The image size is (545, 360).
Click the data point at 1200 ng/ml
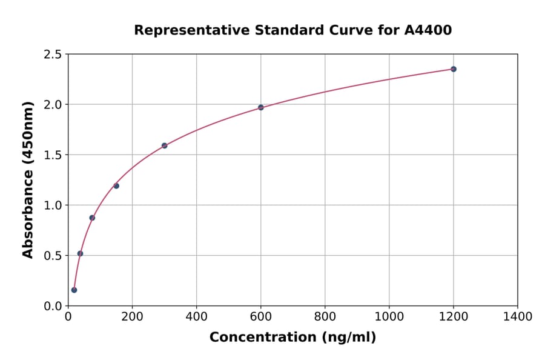click(454, 69)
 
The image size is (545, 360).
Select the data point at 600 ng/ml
click(261, 107)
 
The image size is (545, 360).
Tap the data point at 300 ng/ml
click(164, 145)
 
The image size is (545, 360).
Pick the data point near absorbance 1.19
click(116, 186)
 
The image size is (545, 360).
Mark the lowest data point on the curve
click(74, 290)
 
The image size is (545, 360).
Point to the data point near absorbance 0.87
click(92, 218)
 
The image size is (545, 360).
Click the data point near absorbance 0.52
click(80, 253)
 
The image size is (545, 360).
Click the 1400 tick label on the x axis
click(518, 316)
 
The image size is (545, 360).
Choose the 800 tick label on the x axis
click(325, 316)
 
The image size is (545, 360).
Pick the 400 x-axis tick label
click(196, 316)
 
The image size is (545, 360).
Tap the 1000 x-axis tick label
click(389, 316)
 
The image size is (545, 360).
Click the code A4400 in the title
click(428, 30)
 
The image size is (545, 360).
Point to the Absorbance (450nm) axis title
click(28, 179)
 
